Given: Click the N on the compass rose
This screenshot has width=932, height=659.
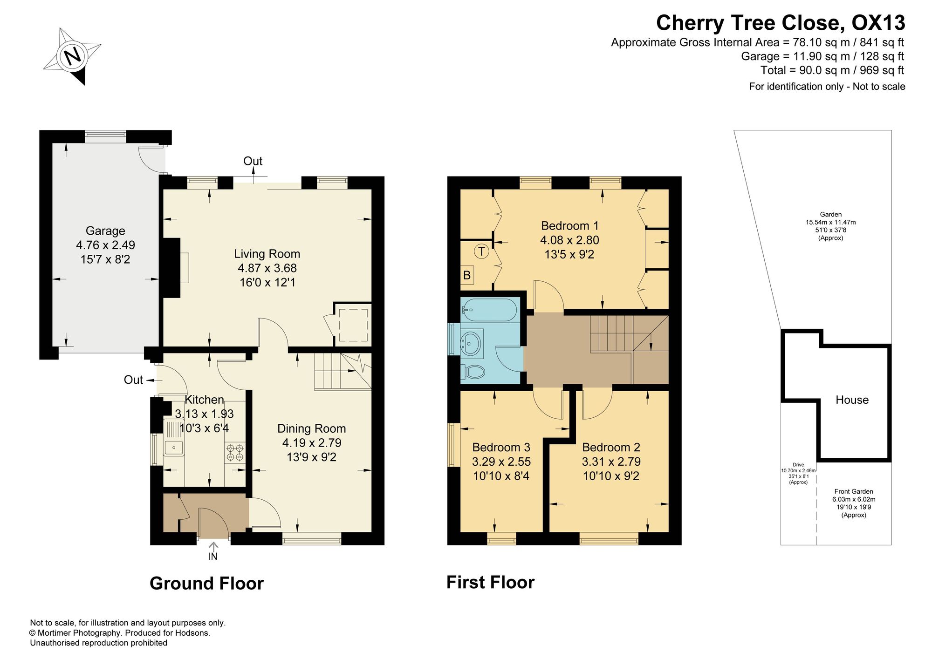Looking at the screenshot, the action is click(72, 56).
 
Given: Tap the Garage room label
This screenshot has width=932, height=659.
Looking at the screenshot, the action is click(105, 231).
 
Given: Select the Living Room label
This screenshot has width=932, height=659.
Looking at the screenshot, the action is click(267, 254).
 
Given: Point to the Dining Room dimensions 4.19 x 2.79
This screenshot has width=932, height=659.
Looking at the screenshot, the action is click(312, 443).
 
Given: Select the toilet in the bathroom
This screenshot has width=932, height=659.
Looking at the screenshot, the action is click(473, 372).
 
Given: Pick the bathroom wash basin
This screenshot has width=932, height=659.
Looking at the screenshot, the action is click(471, 343).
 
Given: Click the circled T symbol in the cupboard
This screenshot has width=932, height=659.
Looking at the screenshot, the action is click(481, 252).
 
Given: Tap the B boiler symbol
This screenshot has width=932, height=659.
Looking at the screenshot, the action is click(467, 275).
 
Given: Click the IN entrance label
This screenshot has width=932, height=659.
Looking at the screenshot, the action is click(213, 556).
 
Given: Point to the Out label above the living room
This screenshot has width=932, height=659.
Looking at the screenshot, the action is click(253, 161).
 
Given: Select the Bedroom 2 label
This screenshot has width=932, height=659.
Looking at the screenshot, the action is click(611, 448).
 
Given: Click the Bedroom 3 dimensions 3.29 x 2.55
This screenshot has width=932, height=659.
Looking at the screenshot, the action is click(501, 462).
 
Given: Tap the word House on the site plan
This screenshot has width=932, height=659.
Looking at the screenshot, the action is click(852, 400).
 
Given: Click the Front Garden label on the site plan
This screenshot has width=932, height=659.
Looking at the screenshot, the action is click(854, 491).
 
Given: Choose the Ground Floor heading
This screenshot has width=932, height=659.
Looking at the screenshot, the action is click(206, 583).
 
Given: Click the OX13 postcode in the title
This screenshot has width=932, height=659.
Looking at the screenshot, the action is click(878, 22).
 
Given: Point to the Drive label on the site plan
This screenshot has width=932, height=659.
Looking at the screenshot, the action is click(798, 465).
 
